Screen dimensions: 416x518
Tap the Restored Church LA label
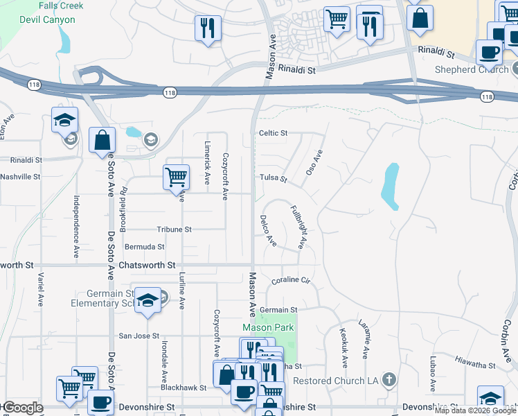click(x=338, y=381)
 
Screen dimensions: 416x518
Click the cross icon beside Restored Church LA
click(x=390, y=380)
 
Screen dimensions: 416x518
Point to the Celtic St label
click(x=273, y=133)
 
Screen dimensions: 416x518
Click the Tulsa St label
click(x=273, y=178)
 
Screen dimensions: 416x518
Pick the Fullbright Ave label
click(x=297, y=227)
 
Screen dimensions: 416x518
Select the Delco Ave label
click(x=268, y=231)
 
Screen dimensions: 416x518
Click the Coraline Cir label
click(x=289, y=280)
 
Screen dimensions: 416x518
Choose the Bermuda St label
click(x=144, y=246)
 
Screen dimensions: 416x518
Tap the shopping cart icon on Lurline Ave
click(x=176, y=177)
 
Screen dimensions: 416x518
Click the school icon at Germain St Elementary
click(x=148, y=300)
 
